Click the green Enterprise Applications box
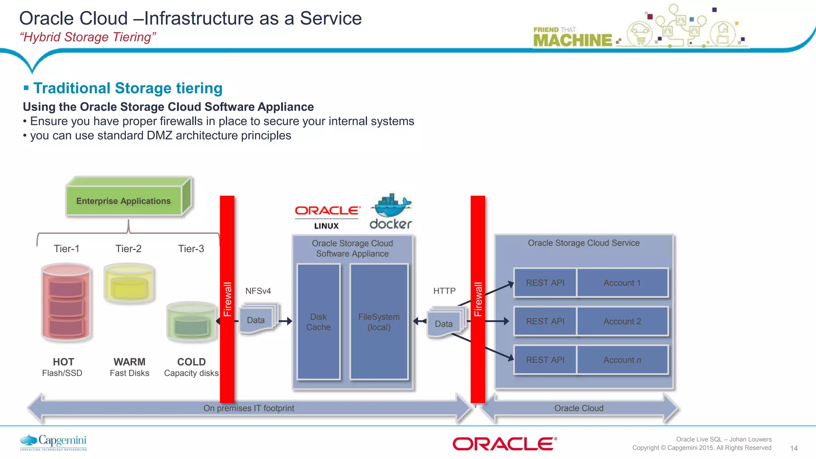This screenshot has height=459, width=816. [124, 200]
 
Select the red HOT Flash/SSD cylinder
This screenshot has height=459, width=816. [67, 303]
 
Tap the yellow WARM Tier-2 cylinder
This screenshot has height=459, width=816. [129, 284]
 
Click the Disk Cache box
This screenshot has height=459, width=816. [318, 322]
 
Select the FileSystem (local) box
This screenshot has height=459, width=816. [379, 322]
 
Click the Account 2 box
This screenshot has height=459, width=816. [622, 321]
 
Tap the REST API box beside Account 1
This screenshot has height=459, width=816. [545, 282]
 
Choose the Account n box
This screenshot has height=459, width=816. [622, 360]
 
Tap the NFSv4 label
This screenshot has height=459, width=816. [258, 291]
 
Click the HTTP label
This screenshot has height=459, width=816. [444, 291]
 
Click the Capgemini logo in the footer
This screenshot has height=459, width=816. [53, 442]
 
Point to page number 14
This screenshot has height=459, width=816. [793, 448]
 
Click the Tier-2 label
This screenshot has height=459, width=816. [128, 249]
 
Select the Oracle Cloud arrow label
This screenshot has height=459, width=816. [579, 408]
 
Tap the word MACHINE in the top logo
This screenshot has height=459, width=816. [572, 40]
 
